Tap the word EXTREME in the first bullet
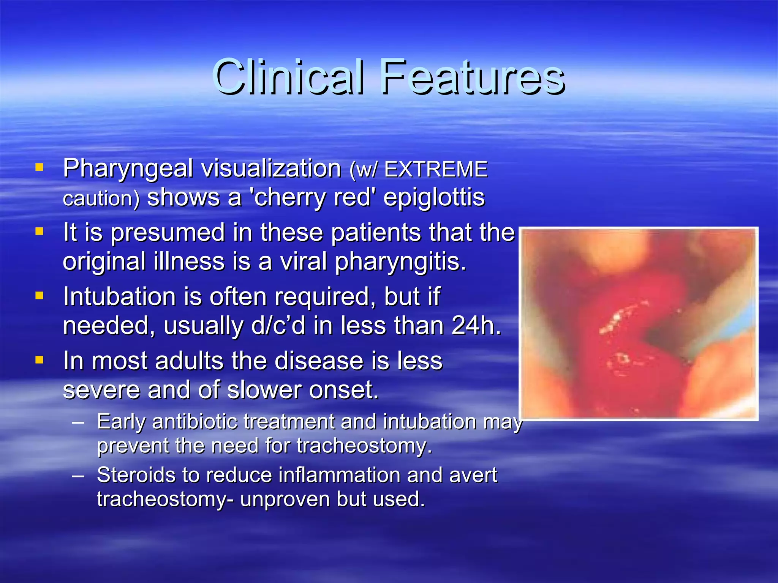coord(436,169)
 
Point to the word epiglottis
coord(434,198)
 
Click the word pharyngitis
coord(400,262)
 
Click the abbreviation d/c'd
coord(278,326)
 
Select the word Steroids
coord(136,475)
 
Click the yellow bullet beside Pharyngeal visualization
coord(39,167)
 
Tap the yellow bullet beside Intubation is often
coord(39,295)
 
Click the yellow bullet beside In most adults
coord(39,359)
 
